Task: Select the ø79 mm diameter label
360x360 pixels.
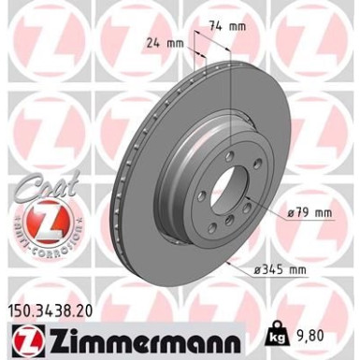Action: pos(310,213)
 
